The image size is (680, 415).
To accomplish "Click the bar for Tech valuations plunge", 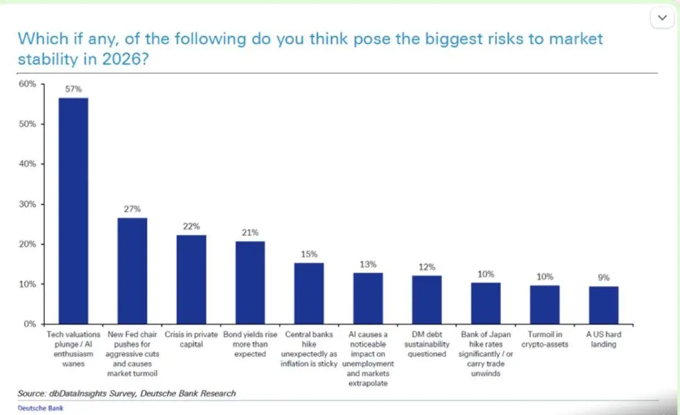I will [x=74, y=211].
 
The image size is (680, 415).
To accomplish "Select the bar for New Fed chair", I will [x=132, y=270].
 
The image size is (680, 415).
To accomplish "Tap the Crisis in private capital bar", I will [x=191, y=279].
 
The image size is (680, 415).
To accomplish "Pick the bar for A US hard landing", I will [x=603, y=305].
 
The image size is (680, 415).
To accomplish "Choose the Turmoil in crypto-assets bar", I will [x=544, y=304].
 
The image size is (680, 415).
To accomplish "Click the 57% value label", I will [x=74, y=89].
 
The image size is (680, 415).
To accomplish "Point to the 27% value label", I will [x=132, y=209].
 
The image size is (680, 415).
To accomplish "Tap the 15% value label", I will [x=309, y=254].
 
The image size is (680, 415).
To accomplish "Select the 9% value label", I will [x=603, y=277].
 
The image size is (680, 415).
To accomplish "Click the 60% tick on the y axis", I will [x=30, y=84].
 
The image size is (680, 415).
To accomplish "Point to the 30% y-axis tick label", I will [x=30, y=204].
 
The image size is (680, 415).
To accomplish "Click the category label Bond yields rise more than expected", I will [x=250, y=345].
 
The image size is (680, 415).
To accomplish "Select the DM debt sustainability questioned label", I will [x=427, y=345].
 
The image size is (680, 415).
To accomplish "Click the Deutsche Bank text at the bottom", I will [x=41, y=408].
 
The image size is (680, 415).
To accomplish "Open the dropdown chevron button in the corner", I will [x=662, y=18].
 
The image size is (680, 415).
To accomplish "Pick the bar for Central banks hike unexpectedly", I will [x=309, y=293].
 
